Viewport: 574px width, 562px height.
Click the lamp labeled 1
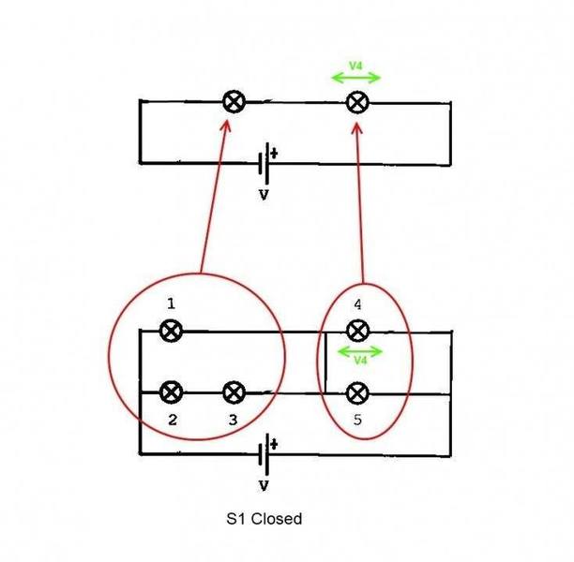[171, 331]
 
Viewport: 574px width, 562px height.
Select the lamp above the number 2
[171, 392]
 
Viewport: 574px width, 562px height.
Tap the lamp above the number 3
[234, 392]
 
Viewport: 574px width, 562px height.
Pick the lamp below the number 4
[357, 331]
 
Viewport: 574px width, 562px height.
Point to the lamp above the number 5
[357, 393]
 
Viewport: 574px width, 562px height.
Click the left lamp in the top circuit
[234, 102]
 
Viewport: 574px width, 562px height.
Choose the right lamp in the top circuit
[357, 103]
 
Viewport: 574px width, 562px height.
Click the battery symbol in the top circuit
[264, 163]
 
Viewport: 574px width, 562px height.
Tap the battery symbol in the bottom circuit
[264, 454]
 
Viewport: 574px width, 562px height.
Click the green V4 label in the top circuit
[355, 66]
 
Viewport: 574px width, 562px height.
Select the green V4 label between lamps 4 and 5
[360, 361]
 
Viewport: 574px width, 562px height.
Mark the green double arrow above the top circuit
[355, 78]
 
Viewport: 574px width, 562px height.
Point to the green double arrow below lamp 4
[359, 352]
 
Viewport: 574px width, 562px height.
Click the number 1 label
[171, 303]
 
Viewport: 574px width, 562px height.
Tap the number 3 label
[234, 420]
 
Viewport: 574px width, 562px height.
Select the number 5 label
[357, 420]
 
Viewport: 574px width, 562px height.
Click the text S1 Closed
[264, 519]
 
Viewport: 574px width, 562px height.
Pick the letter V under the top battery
[264, 195]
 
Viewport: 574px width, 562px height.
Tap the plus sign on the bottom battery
[274, 444]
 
